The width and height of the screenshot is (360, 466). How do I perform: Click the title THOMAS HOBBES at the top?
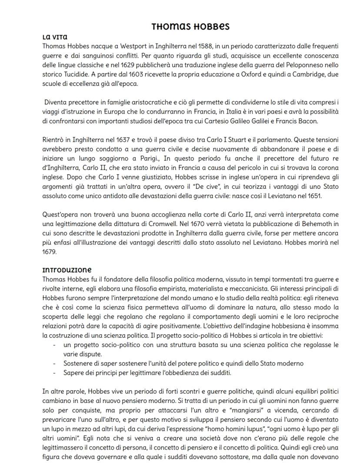(190, 27)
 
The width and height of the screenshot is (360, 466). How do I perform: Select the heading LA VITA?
(55, 37)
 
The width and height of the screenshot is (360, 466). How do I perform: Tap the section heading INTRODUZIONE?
(67, 270)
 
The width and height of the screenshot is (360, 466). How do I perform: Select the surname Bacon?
(308, 121)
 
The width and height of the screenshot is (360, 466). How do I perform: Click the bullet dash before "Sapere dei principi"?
(54, 373)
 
